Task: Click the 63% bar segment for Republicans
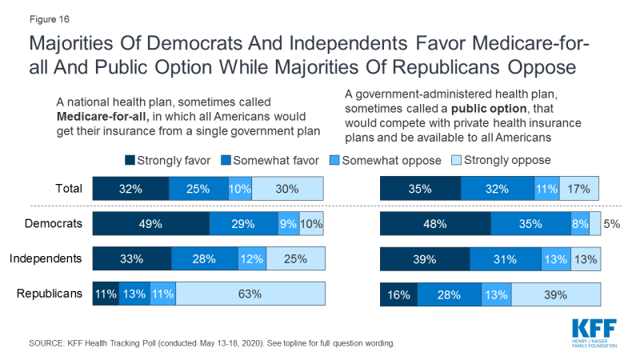250,294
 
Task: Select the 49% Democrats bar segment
150,224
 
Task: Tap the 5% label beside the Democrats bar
611,224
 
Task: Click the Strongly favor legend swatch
130,160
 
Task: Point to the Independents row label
46,258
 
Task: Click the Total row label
68,189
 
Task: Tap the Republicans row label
50,294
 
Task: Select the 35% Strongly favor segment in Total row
420,190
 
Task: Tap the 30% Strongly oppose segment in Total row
288,190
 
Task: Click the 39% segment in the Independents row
424,259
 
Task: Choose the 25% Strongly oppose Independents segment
295,259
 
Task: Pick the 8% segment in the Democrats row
578,224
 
